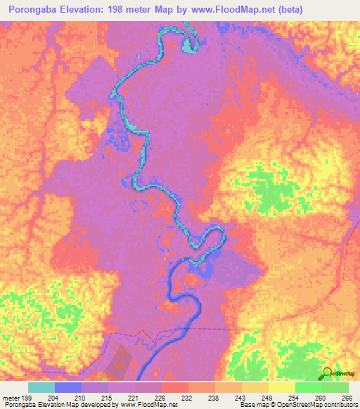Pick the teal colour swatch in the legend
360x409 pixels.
tap(41, 387)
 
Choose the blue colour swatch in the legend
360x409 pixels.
tap(68, 387)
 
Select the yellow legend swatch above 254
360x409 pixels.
tap(281, 387)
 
